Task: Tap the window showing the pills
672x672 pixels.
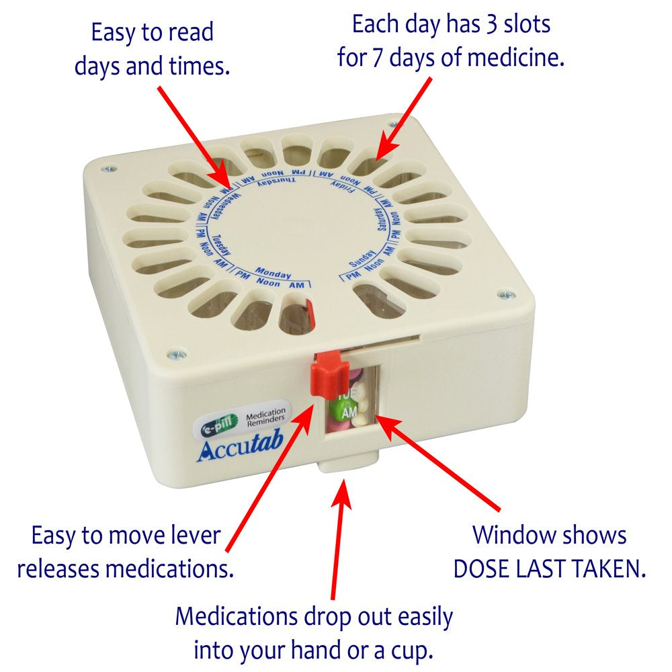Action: click(350, 403)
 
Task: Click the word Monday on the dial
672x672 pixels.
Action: click(274, 274)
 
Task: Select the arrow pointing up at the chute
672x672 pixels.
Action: click(340, 538)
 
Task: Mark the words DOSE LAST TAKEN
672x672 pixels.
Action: click(549, 569)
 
